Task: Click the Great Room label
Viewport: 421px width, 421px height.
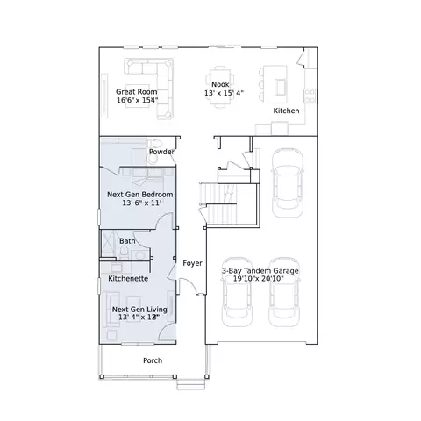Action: click(x=137, y=92)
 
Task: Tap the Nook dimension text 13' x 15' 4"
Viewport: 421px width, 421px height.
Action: click(x=224, y=93)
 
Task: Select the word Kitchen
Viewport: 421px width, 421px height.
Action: click(x=286, y=111)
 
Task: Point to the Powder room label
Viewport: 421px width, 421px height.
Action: click(x=161, y=152)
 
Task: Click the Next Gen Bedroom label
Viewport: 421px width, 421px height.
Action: click(x=139, y=195)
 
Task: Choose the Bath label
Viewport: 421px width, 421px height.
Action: click(x=127, y=241)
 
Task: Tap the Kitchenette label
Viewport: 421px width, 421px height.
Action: click(x=128, y=278)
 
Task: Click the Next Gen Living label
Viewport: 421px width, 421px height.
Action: click(x=139, y=310)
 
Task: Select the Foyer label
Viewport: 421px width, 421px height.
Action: click(x=192, y=263)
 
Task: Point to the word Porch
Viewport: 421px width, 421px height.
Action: click(x=153, y=360)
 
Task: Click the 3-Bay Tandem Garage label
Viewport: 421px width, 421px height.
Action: click(x=260, y=271)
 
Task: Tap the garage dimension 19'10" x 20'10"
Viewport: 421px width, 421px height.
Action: click(x=259, y=279)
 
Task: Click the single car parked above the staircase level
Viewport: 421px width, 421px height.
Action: click(x=287, y=183)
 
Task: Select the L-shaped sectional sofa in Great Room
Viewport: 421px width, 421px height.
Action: click(x=165, y=88)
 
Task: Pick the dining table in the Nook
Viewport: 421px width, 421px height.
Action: click(x=220, y=87)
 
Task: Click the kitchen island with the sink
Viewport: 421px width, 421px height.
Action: click(x=275, y=84)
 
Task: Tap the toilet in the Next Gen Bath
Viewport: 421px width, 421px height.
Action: click(x=124, y=253)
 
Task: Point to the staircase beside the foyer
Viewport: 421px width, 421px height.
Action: click(x=218, y=203)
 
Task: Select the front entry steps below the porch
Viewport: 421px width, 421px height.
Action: click(x=191, y=384)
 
